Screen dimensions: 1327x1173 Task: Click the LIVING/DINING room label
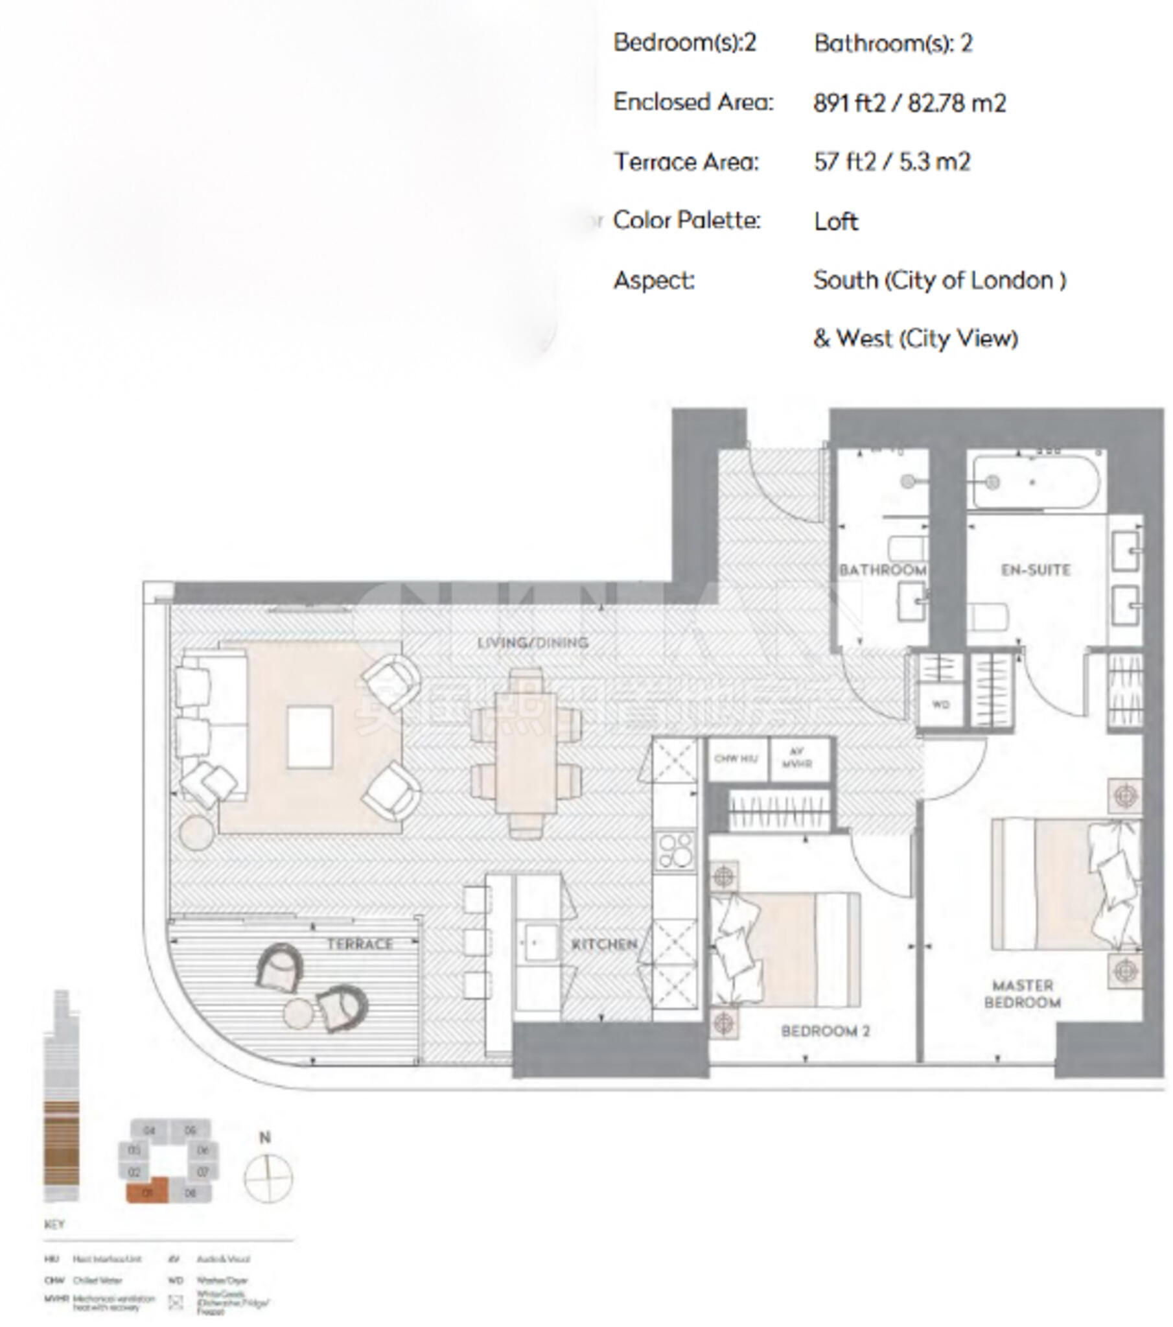coord(532,642)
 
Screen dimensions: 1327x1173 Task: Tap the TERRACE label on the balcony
coord(359,944)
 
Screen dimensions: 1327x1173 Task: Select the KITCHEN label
coord(604,944)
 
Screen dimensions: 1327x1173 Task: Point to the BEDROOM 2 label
coord(825,1031)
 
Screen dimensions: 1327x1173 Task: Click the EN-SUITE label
coord(1036,570)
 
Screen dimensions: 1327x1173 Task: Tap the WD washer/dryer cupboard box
coord(940,705)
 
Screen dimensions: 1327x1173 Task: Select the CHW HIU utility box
coord(736,758)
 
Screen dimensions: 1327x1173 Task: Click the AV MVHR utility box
coord(798,758)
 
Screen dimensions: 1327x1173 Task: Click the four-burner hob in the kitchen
coord(675,851)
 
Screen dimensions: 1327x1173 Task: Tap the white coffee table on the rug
coord(310,738)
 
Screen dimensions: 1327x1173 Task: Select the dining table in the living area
coord(526,753)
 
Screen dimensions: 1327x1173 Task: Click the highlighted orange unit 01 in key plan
coord(146,1193)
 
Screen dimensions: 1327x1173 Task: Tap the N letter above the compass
coord(264,1137)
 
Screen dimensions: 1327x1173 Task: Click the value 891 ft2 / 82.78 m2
coord(909,103)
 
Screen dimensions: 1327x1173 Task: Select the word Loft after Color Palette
coord(835,222)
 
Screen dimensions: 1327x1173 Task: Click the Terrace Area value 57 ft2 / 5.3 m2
coord(891,161)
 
